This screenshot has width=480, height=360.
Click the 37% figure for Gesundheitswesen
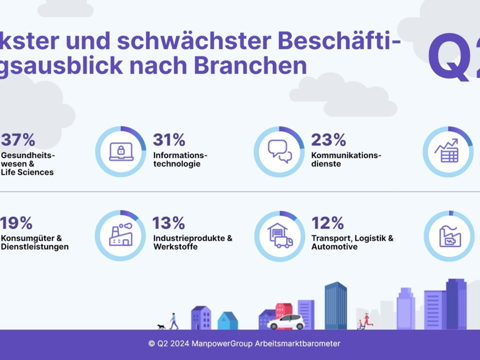coord(18,140)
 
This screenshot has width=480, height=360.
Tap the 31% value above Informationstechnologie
coord(169,140)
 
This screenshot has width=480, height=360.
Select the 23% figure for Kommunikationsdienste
coord(328,140)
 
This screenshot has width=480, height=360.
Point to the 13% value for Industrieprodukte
coord(168,223)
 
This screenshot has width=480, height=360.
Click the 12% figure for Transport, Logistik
coord(328,223)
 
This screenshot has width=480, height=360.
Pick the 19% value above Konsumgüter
coord(16,223)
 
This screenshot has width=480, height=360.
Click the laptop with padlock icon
coord(121,152)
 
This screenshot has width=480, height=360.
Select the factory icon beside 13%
coord(120,235)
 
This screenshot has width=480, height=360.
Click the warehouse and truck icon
coord(280,236)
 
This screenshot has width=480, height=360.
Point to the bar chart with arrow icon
coord(448,151)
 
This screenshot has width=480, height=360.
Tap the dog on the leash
coord(161,326)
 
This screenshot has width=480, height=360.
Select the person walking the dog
coord(173,321)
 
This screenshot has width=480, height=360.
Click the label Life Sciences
coord(27,172)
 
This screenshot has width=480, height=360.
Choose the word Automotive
coord(334,247)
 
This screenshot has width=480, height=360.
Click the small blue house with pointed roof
coord(228,321)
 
